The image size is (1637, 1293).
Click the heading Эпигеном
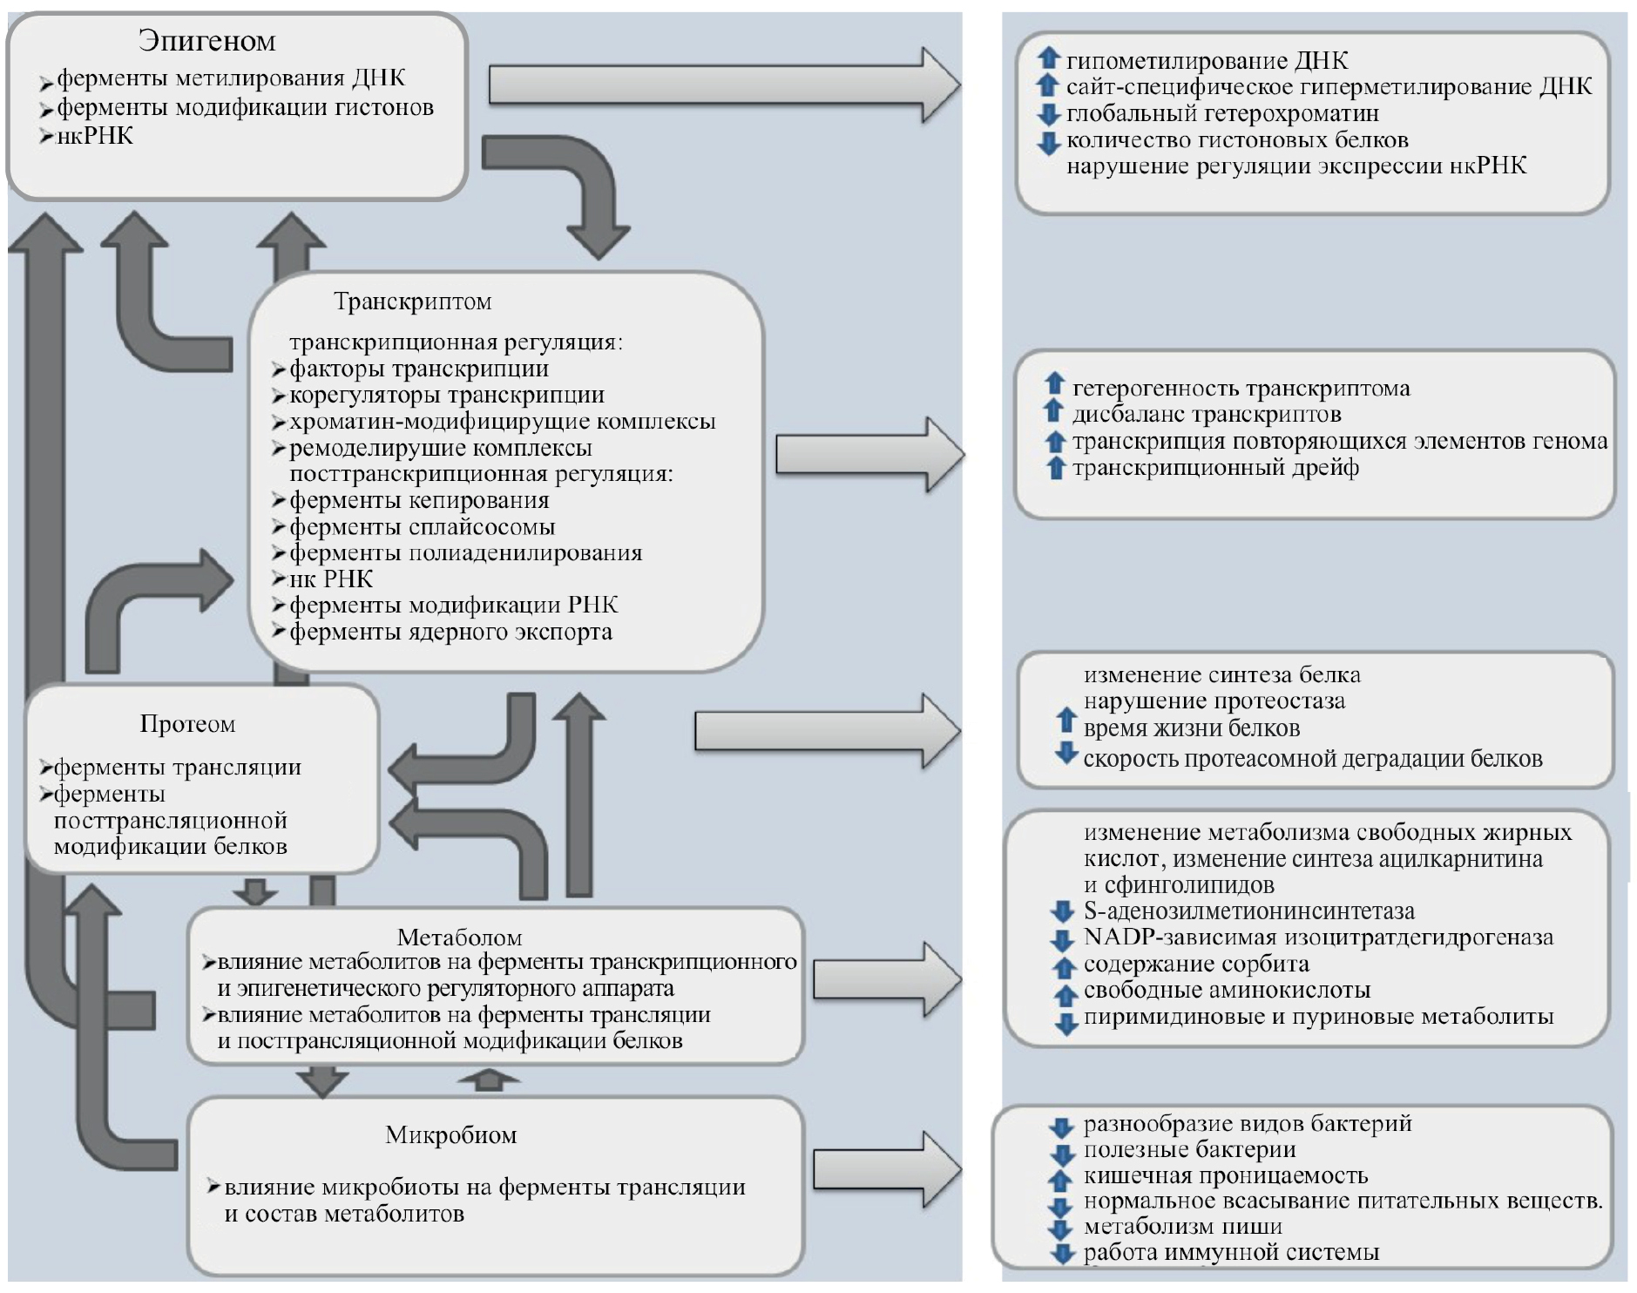coord(206,41)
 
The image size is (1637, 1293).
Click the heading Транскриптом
coord(412,302)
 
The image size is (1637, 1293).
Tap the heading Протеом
coord(187,724)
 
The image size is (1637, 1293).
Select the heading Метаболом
coord(459,938)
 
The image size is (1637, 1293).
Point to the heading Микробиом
coord(450,1135)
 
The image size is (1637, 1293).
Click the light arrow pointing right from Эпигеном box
coord(723,85)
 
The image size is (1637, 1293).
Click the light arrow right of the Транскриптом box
coord(869,454)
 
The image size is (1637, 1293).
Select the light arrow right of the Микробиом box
coord(886,1169)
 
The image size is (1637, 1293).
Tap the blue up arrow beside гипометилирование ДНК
coord(1048,59)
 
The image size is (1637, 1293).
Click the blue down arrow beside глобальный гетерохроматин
coord(1048,113)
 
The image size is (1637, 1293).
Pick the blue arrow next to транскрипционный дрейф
coord(1055,468)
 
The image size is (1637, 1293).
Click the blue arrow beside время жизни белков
coord(1065,721)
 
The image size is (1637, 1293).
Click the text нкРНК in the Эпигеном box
coord(94,136)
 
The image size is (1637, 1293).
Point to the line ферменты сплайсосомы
coord(422,527)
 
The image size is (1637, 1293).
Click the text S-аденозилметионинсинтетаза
coord(1248,911)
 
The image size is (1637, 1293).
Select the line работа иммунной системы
coord(1230,1253)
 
